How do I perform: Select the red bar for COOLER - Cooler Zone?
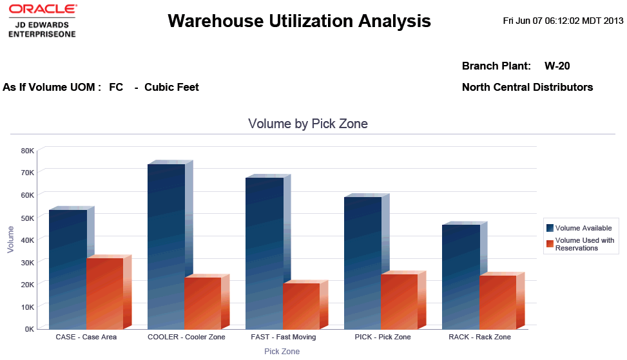pyautogui.click(x=202, y=303)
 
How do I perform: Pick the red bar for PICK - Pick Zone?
pyautogui.click(x=399, y=301)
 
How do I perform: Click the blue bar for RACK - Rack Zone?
pyautogui.click(x=461, y=277)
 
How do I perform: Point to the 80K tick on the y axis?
pyautogui.click(x=28, y=151)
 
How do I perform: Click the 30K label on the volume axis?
pyautogui.click(x=28, y=262)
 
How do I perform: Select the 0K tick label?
pyautogui.click(x=30, y=329)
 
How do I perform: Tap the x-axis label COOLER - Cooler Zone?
pyautogui.click(x=186, y=337)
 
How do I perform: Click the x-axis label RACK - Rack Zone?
pyautogui.click(x=479, y=337)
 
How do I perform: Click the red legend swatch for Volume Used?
pyautogui.click(x=550, y=244)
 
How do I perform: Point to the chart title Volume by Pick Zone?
pyautogui.click(x=308, y=124)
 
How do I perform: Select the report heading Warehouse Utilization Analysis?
pyautogui.click(x=299, y=21)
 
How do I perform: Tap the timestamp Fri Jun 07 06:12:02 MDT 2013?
pyautogui.click(x=563, y=21)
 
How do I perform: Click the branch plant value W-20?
pyautogui.click(x=557, y=66)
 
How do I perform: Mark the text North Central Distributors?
pyautogui.click(x=527, y=87)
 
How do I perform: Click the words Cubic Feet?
pyautogui.click(x=171, y=87)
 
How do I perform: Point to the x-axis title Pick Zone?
pyautogui.click(x=282, y=352)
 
